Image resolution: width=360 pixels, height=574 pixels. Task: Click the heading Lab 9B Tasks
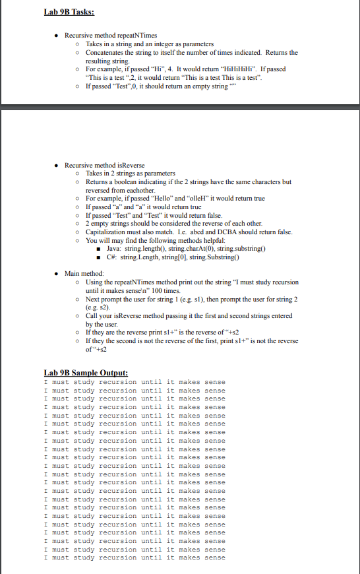[x=69, y=12]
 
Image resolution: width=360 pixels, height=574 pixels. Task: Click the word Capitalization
[x=110, y=232]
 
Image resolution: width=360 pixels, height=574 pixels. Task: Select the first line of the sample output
[x=133, y=382]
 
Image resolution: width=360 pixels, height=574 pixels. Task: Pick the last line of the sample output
[x=133, y=558]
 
